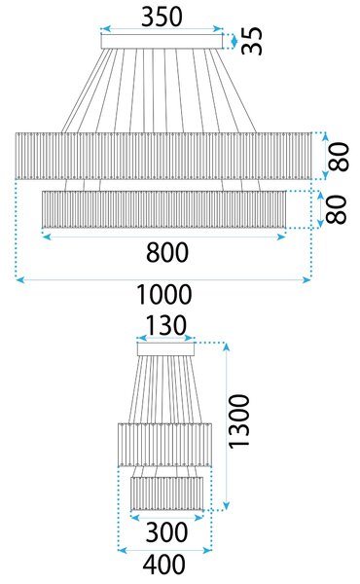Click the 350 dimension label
click(162, 17)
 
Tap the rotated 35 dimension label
click(252, 41)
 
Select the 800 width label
click(167, 252)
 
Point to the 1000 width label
click(164, 295)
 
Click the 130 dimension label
click(165, 325)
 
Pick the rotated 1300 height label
click(238, 421)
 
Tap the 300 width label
click(166, 532)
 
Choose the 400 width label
click(164, 565)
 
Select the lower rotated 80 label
click(336, 209)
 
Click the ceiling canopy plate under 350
click(162, 41)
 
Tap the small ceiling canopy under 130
click(166, 349)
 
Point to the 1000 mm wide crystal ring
click(163, 156)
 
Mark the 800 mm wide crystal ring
click(163, 209)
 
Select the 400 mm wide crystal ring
click(165, 445)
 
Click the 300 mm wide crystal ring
click(166, 493)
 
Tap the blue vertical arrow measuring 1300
click(226, 426)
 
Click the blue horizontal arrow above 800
click(163, 237)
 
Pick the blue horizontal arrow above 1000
click(163, 279)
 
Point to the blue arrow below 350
click(162, 28)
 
